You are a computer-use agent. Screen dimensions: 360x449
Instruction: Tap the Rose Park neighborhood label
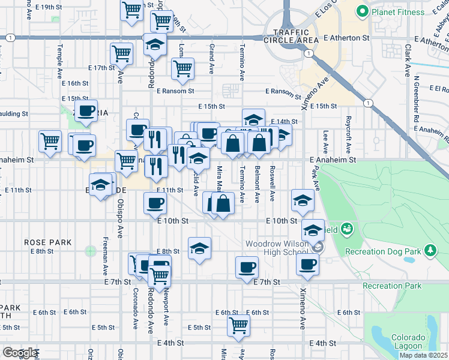(x=48, y=242)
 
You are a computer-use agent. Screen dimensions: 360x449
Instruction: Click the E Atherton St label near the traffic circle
(x=349, y=38)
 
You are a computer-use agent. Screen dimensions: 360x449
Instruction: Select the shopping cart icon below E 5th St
(x=239, y=325)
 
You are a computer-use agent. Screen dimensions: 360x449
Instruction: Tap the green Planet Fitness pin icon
(x=362, y=11)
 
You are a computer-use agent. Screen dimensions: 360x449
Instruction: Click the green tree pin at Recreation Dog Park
(x=430, y=249)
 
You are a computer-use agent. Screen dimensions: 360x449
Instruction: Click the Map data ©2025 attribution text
(x=423, y=355)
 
